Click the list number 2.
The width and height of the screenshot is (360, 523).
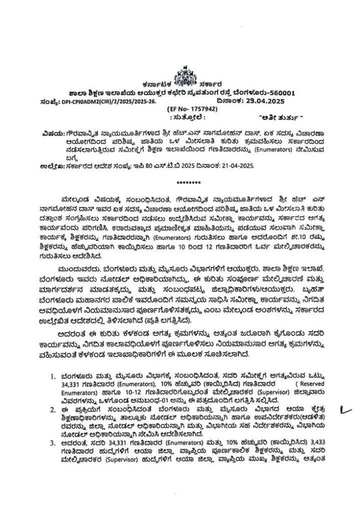coord(53,409)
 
